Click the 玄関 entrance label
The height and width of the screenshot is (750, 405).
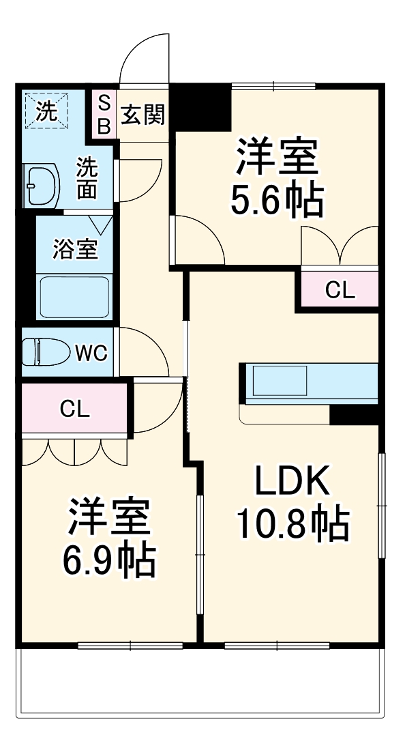143,115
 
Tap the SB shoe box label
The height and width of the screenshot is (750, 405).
104,115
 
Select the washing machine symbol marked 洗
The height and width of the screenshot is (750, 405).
46,110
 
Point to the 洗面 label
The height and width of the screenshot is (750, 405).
87,178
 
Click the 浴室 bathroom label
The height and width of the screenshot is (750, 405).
75,250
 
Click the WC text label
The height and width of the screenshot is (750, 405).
90,354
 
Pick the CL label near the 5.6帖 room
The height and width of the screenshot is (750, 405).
340,291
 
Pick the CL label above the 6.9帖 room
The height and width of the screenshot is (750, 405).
74,409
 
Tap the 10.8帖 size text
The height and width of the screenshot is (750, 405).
292,523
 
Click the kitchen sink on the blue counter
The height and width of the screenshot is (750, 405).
280,380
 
